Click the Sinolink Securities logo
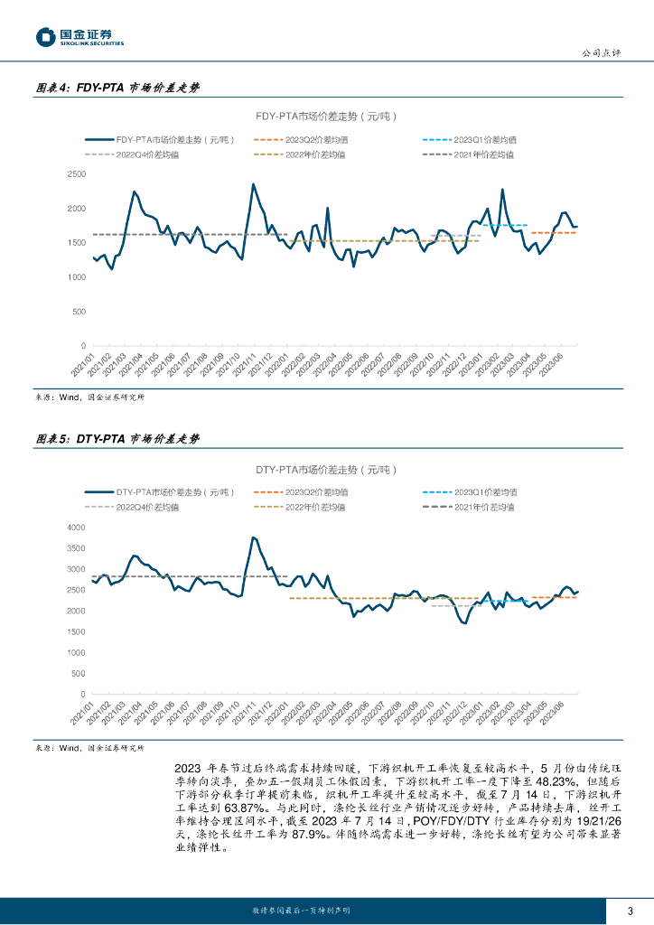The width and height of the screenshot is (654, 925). point(79,37)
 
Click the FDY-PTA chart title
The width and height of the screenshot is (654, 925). point(326,117)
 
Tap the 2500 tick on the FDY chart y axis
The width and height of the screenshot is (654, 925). point(77,174)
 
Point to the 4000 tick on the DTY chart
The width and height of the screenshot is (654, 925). point(77,528)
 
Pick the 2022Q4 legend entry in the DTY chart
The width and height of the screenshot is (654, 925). point(147,507)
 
